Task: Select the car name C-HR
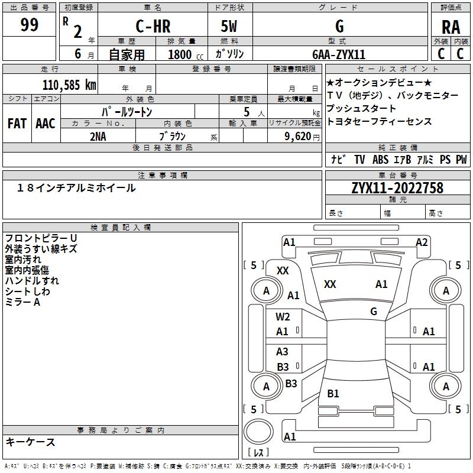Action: (152, 27)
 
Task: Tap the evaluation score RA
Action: (451, 27)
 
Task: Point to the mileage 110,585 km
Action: (69, 85)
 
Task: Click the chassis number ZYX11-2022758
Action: (397, 188)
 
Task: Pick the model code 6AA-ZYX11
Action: (339, 54)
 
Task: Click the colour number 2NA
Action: (98, 136)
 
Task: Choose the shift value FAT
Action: (17, 124)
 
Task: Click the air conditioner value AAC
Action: (46, 124)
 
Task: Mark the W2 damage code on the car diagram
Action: (283, 317)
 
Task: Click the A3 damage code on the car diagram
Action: (283, 352)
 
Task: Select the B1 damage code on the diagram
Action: (333, 393)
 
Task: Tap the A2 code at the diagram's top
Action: (422, 242)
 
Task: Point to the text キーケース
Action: (30, 442)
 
